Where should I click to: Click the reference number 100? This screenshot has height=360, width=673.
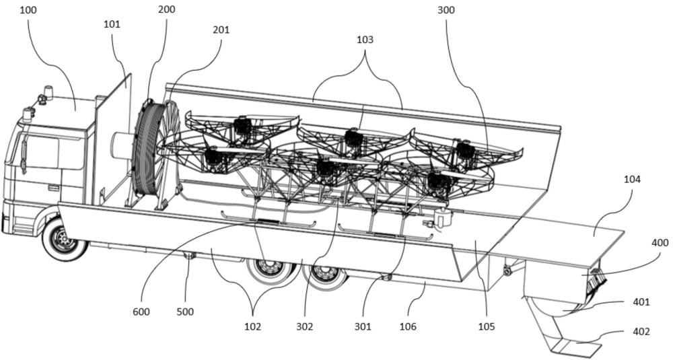28,10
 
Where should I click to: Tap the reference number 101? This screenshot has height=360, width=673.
112,24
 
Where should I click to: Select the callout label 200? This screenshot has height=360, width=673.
166,9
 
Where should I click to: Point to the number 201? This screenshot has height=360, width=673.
221,30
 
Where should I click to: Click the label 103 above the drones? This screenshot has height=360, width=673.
365,40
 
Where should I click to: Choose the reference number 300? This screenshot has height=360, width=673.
446,10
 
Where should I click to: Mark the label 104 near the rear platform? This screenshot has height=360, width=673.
632,180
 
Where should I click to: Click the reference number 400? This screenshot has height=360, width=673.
660,243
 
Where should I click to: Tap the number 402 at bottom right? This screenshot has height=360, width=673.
641,332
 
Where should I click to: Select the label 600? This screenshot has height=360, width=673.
141,312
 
